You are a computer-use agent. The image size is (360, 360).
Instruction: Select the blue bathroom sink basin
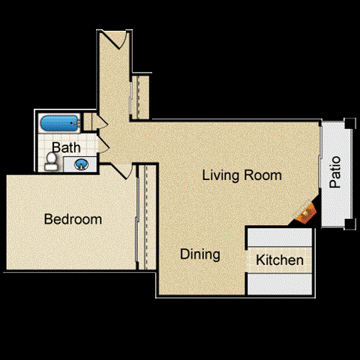click(x=81, y=163)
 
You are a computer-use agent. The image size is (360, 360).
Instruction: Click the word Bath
click(x=66, y=146)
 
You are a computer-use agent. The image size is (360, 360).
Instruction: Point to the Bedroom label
click(x=72, y=220)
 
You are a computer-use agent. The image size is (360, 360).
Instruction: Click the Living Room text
click(x=242, y=175)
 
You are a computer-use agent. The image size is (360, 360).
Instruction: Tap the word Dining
click(x=200, y=254)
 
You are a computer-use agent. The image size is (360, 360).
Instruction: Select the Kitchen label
click(x=280, y=260)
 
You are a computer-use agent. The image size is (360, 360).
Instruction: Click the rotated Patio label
click(x=335, y=172)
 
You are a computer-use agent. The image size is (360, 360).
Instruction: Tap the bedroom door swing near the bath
click(x=124, y=171)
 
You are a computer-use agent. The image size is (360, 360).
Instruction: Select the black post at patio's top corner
click(x=349, y=124)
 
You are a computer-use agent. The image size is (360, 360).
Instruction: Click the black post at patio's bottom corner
click(x=349, y=223)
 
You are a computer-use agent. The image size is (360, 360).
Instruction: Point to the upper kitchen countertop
click(x=279, y=237)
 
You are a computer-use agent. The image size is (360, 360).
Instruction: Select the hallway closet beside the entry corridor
click(x=140, y=96)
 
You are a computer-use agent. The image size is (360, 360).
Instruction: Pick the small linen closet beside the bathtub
click(x=88, y=121)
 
